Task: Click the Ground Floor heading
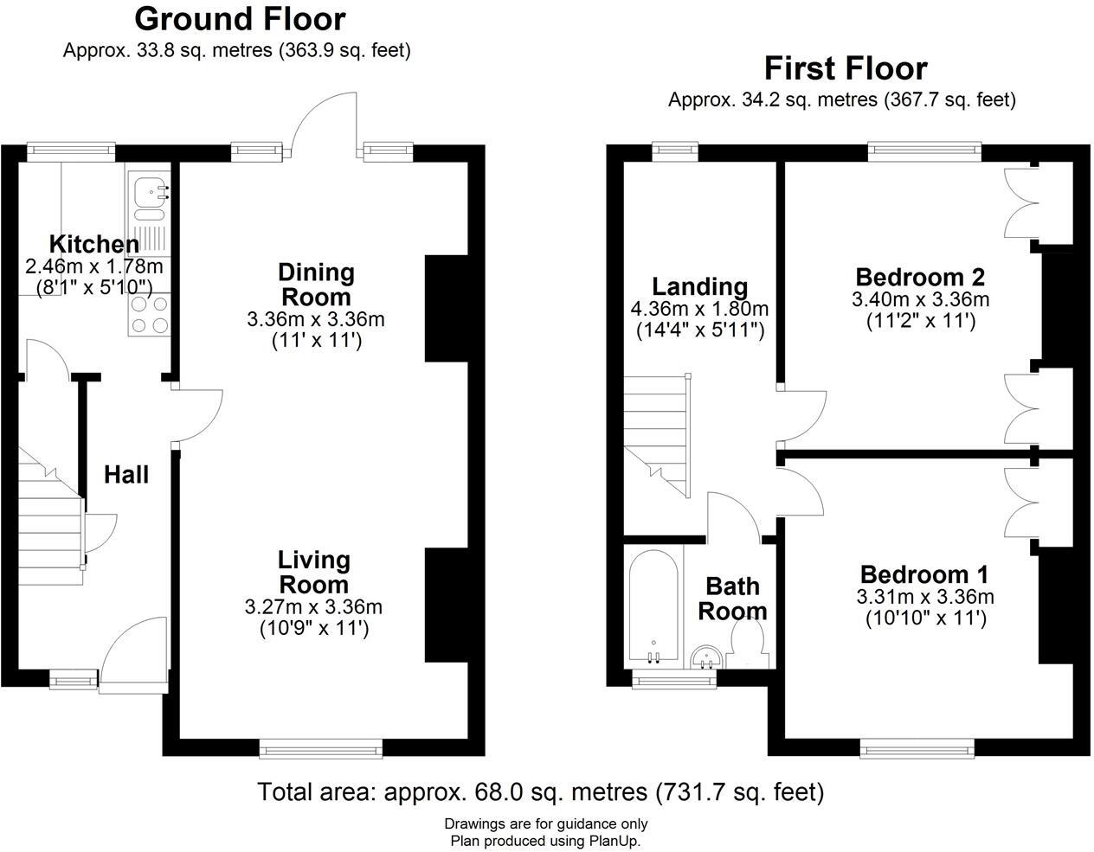(240, 19)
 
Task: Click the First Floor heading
(845, 68)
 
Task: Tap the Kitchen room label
(93, 244)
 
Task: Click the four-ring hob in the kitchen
(149, 315)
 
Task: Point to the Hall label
(126, 474)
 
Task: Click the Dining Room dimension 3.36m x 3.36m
(316, 319)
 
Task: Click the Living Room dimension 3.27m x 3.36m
(314, 607)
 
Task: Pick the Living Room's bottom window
(320, 749)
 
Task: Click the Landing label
(699, 286)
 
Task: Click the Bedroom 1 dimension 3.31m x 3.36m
(924, 597)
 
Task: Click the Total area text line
(541, 791)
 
